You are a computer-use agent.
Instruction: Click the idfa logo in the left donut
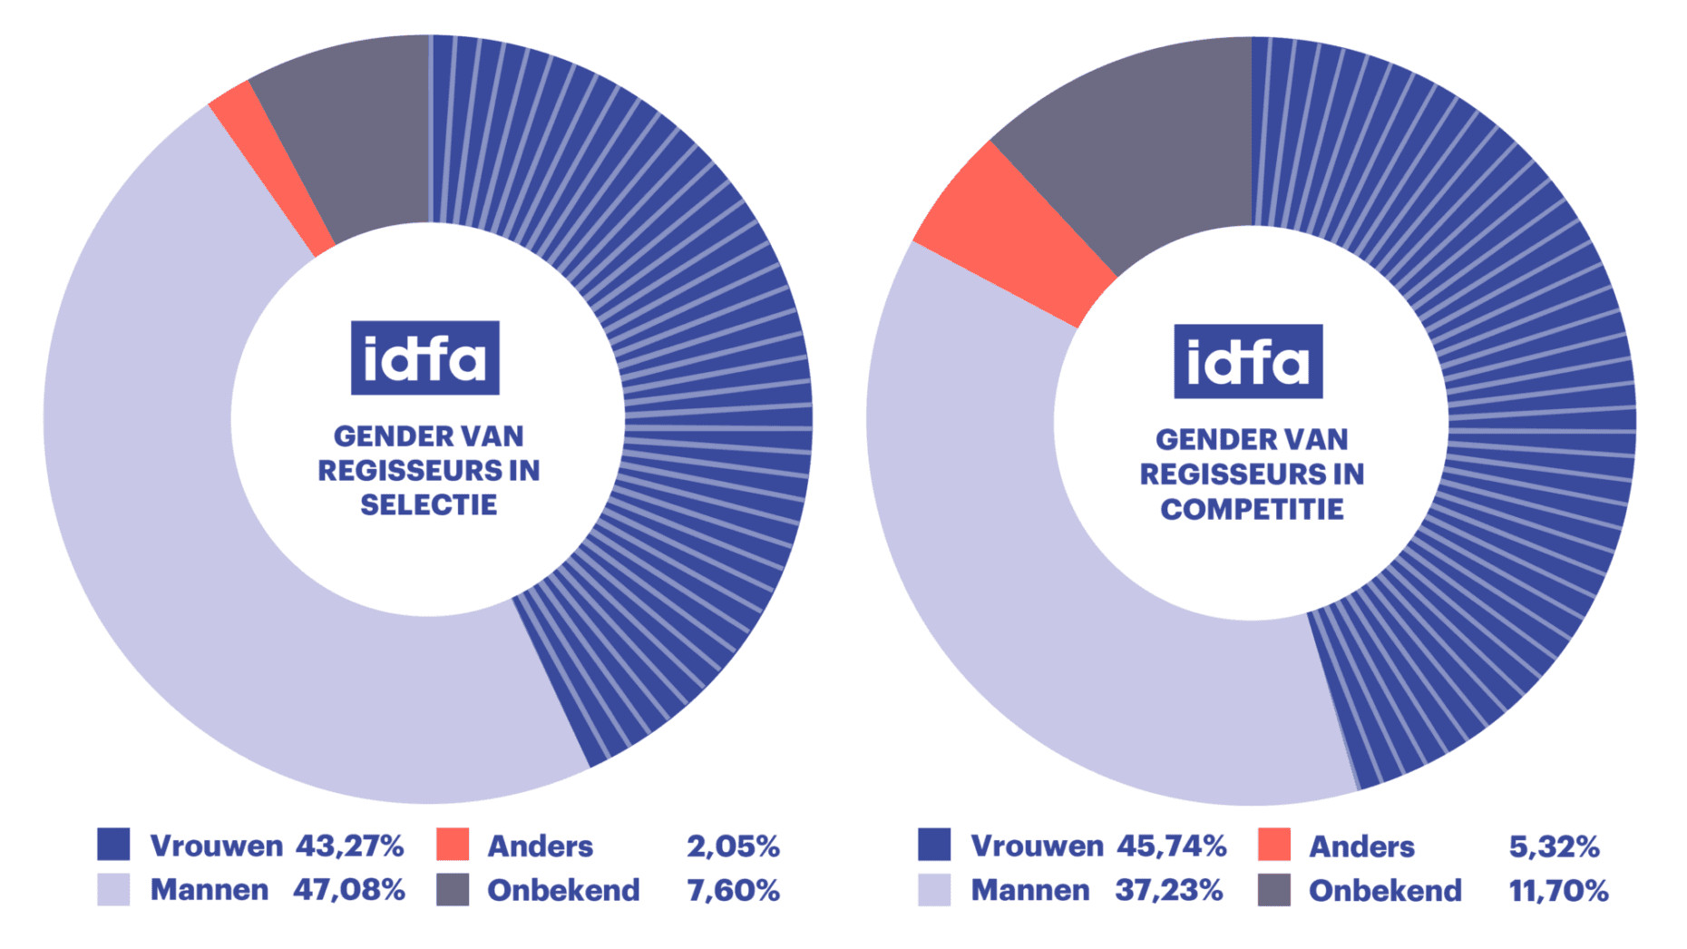pos(424,357)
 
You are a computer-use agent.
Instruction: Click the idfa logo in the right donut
pos(1248,361)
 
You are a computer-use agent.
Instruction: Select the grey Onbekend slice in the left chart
pos(354,136)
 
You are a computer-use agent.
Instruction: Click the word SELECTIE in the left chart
pos(428,504)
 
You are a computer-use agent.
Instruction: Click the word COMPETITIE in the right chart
pos(1252,509)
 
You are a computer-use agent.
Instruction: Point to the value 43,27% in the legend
pos(349,846)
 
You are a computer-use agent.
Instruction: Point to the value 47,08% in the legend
pos(349,890)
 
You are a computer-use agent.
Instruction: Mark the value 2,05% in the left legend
pos(733,846)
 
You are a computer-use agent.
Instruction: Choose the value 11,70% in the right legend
pos(1558,891)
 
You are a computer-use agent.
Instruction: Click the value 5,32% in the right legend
pos(1554,846)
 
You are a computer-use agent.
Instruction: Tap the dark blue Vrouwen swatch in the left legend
pos(113,844)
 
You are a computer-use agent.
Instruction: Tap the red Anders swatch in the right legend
pos(1274,845)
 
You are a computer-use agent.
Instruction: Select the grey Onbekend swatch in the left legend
pos(453,889)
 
